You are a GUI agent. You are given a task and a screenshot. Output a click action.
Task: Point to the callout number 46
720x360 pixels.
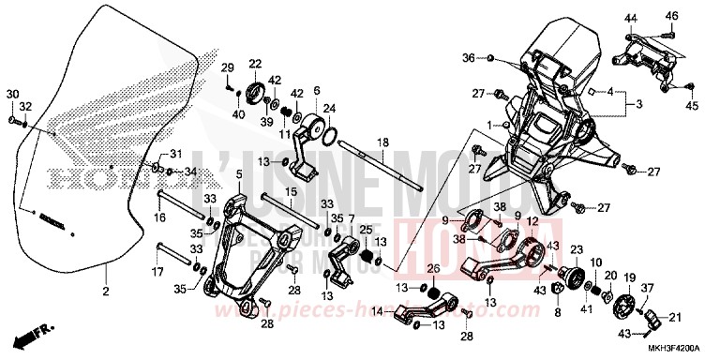pos(672,16)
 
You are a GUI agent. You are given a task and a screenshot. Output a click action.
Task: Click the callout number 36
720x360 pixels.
pos(468,58)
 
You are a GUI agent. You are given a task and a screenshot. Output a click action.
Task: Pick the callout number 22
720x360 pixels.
pos(254,64)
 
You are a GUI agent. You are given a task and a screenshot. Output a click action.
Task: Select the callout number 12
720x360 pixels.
pos(531,221)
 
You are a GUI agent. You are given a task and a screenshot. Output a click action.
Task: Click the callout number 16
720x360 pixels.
pos(160,217)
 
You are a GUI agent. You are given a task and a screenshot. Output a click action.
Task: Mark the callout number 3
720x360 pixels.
pos(640,103)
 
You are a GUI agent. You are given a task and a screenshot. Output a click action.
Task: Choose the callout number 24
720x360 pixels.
pos(329,110)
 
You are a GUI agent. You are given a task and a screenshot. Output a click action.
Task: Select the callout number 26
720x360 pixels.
pos(432,269)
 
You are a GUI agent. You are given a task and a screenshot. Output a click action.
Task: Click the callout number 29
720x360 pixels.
pos(227,67)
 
